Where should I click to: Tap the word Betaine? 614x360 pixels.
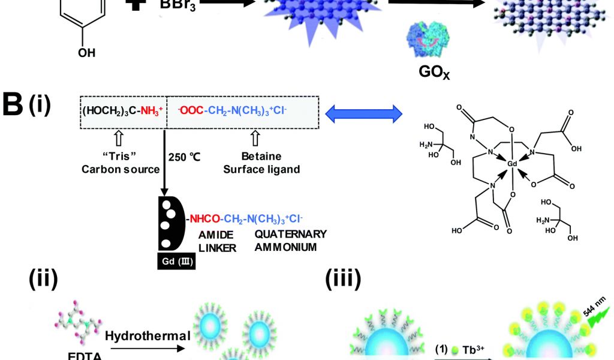coord(256,158)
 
